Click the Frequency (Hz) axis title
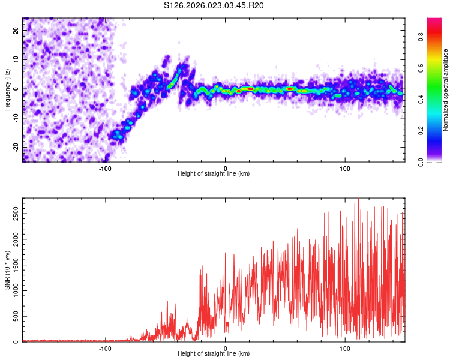(7, 90)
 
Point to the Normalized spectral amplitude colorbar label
(446, 90)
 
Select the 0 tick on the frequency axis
(17, 89)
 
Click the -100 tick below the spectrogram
(106, 168)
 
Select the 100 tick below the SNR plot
(345, 348)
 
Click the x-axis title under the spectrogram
(214, 174)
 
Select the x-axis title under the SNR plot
(214, 354)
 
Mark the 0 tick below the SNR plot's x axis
(226, 348)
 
